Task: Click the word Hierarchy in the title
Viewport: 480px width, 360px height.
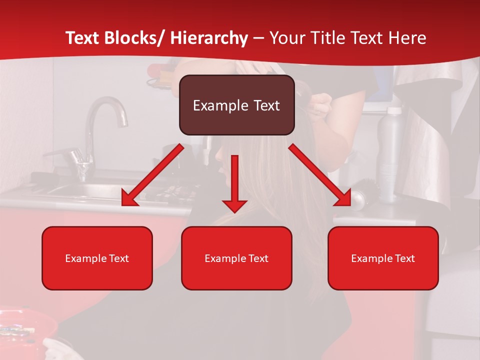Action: click(x=209, y=38)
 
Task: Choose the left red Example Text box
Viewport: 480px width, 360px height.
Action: click(x=97, y=258)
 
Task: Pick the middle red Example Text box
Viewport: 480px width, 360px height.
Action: click(x=236, y=258)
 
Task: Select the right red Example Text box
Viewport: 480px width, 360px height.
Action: click(x=383, y=258)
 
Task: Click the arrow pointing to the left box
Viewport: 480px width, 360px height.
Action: click(x=152, y=175)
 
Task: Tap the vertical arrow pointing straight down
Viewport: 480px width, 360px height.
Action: click(x=234, y=182)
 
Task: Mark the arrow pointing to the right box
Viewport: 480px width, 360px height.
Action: click(x=320, y=175)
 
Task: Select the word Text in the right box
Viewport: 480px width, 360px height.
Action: click(x=404, y=258)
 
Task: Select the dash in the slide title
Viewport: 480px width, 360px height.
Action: click(x=258, y=38)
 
